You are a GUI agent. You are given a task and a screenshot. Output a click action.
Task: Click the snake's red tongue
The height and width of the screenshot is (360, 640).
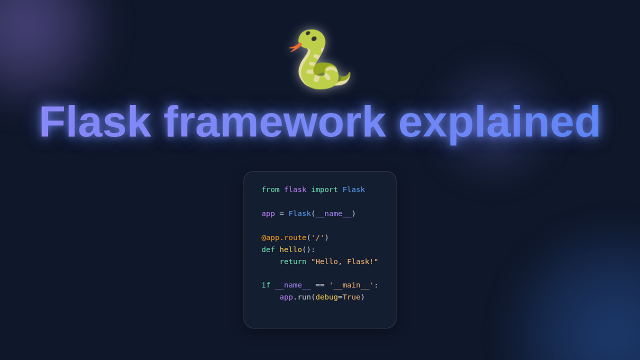click(295, 47)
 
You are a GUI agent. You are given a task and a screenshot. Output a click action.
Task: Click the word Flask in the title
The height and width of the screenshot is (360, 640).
click(95, 122)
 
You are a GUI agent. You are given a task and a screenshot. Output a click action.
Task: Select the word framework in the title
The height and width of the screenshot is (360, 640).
click(274, 122)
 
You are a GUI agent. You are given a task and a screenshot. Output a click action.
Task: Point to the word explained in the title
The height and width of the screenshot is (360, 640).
click(499, 122)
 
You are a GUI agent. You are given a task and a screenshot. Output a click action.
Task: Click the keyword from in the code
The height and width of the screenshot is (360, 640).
click(270, 189)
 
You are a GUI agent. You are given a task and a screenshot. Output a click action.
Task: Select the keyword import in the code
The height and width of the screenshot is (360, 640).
click(324, 189)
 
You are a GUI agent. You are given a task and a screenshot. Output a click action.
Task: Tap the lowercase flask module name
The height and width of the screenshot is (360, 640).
click(295, 189)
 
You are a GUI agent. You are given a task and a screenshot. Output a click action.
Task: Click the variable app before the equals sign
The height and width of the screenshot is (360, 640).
click(268, 213)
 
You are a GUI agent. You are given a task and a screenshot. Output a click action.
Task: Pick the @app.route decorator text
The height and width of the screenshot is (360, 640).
click(284, 237)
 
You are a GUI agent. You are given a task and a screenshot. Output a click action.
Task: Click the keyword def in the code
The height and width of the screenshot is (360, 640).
click(268, 249)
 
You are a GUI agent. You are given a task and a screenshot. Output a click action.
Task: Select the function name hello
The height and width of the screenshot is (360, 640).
click(290, 249)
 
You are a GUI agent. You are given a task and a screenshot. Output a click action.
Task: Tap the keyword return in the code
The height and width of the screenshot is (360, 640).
click(293, 261)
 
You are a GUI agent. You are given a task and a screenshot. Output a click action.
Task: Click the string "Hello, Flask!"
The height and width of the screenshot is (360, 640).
click(344, 261)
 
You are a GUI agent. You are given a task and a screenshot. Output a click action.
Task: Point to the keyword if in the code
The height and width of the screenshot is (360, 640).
click(266, 285)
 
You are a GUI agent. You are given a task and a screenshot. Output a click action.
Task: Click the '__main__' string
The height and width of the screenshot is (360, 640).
click(351, 285)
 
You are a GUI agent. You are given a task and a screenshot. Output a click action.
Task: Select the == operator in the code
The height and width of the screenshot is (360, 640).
click(320, 285)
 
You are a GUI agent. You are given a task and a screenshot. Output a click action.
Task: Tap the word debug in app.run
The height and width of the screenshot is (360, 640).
click(326, 297)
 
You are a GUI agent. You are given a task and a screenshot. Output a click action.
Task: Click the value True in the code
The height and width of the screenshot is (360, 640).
click(351, 297)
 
